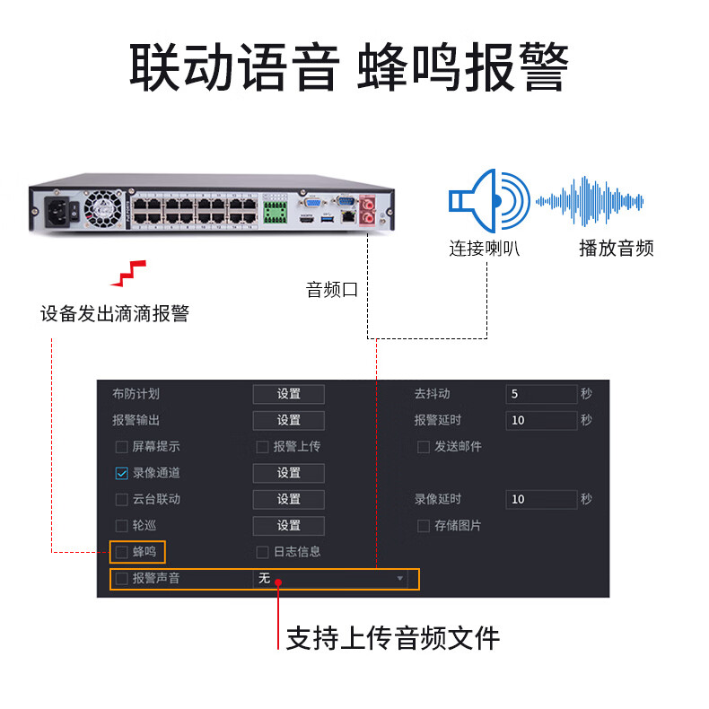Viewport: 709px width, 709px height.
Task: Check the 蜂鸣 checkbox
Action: point(122,552)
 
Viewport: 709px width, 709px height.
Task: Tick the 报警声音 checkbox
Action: point(122,578)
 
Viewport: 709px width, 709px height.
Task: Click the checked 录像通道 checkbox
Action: point(122,474)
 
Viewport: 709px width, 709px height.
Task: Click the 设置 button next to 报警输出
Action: point(288,421)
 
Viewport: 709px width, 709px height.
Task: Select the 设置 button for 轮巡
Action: point(288,526)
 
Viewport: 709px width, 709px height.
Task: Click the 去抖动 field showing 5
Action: point(541,394)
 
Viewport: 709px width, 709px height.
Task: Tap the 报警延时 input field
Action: point(541,421)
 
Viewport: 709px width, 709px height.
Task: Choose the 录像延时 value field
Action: point(541,499)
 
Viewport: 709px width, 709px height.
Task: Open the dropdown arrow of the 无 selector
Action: point(399,578)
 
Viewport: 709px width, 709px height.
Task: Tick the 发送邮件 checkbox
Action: point(424,447)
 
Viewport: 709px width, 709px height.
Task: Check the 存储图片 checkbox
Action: point(424,526)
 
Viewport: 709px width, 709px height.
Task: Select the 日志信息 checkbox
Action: point(262,552)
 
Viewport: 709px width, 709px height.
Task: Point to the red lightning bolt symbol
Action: point(129,273)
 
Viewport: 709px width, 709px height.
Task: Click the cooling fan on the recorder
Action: point(103,209)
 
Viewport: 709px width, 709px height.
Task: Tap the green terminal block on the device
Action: point(275,212)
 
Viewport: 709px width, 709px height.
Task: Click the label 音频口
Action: point(332,290)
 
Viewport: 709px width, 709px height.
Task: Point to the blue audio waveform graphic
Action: point(590,202)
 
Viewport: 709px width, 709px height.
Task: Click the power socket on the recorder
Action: point(57,212)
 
